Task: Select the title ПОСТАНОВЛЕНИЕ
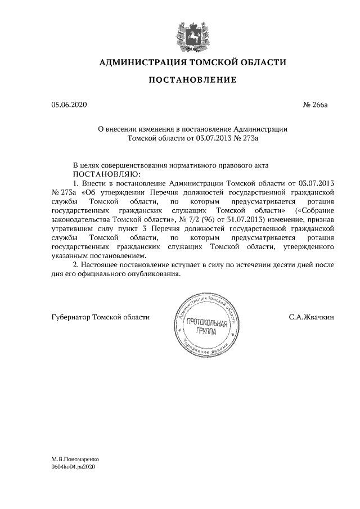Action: point(192,81)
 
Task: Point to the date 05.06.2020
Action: point(69,105)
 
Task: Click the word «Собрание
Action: point(317,211)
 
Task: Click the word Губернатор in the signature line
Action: point(71,317)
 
